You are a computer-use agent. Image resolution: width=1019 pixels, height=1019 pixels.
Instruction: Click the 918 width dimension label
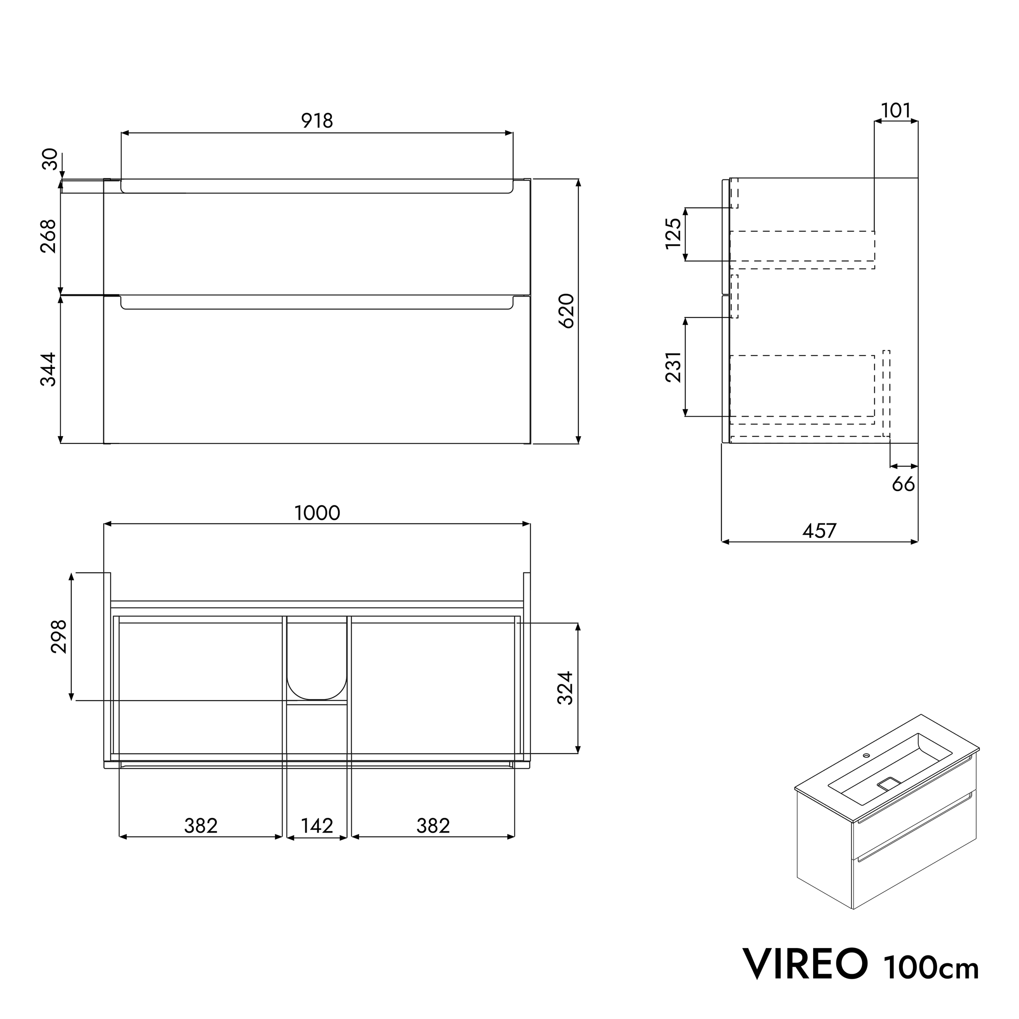[x=317, y=121]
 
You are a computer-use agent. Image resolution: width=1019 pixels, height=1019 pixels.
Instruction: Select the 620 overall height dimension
[x=566, y=311]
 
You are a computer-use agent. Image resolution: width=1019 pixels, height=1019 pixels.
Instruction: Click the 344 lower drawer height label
[x=49, y=369]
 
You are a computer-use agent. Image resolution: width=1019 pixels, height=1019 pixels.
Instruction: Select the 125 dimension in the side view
[x=673, y=233]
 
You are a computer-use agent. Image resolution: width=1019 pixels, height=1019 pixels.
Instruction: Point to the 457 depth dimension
[x=819, y=531]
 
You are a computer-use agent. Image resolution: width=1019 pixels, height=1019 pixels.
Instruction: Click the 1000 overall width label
[x=317, y=513]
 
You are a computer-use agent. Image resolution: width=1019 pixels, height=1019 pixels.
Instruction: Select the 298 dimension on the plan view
[x=59, y=636]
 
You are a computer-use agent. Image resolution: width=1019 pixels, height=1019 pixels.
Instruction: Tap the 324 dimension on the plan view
[x=565, y=688]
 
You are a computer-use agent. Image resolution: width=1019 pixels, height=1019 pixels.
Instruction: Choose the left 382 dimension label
[x=201, y=825]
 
